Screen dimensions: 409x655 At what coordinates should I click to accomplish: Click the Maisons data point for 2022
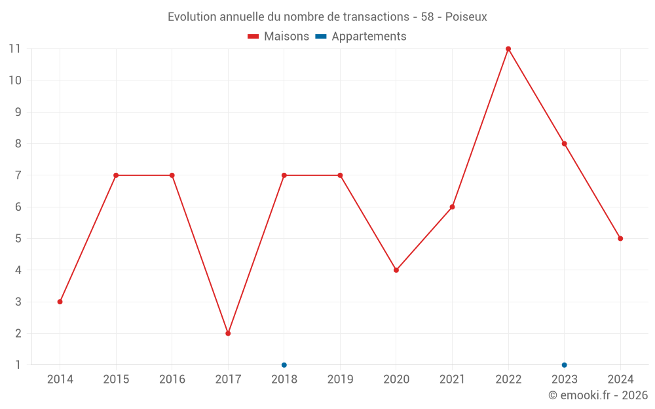[x=508, y=49]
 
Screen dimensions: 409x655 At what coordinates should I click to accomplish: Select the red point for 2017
[x=228, y=333]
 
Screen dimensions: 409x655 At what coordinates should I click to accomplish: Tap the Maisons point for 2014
[x=60, y=302]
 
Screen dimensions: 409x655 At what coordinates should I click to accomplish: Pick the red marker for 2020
[x=396, y=270]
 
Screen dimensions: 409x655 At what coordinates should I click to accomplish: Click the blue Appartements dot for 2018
[x=284, y=365]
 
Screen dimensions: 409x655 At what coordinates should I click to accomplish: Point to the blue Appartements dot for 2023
[x=564, y=365]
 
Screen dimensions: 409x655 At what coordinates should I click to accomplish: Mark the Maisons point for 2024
[x=620, y=238]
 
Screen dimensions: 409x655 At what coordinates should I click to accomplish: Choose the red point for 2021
[x=452, y=207]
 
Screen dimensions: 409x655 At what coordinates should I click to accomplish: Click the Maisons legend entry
[x=278, y=37]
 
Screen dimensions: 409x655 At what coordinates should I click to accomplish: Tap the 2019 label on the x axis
[x=340, y=380]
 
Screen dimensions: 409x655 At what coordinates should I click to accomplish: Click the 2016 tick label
[x=172, y=380]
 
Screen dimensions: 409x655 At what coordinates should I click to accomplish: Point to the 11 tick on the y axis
[x=14, y=49]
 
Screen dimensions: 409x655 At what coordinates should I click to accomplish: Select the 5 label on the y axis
[x=18, y=238]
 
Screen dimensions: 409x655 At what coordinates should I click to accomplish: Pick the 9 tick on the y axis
[x=18, y=112]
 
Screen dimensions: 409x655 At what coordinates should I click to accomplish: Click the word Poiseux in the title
[x=466, y=17]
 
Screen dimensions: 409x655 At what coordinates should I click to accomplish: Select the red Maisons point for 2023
[x=564, y=144]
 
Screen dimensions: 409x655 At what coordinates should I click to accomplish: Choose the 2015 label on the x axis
[x=116, y=380]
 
